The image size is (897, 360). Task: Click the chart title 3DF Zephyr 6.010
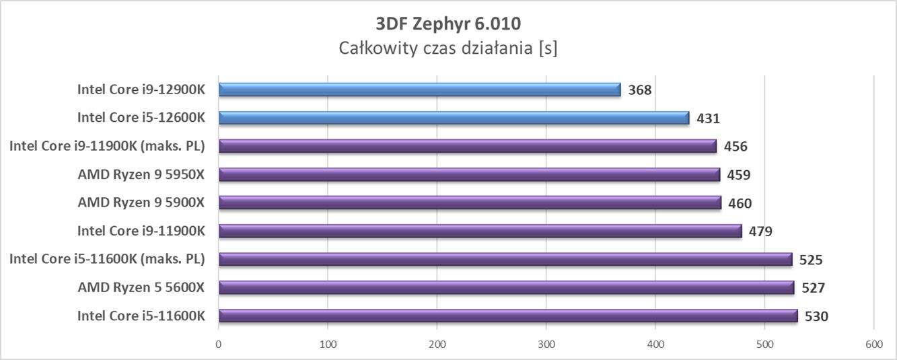[x=447, y=24]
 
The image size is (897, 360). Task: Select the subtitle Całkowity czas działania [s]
[x=447, y=48]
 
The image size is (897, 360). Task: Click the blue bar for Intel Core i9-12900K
[x=419, y=89]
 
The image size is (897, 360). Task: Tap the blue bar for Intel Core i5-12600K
[x=454, y=118]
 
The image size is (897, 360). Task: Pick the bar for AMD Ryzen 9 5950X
[x=469, y=175]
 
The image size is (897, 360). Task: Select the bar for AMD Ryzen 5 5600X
[x=506, y=288]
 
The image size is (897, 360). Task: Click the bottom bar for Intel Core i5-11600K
[x=508, y=316]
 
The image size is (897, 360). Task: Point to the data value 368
[x=640, y=90]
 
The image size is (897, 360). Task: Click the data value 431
[x=708, y=118]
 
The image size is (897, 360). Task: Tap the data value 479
[x=760, y=231]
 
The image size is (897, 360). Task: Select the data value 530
[x=816, y=317]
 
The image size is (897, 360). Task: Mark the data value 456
[x=735, y=147]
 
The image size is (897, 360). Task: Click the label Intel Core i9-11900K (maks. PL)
[x=107, y=146]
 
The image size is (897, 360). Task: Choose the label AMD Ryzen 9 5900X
[x=141, y=203]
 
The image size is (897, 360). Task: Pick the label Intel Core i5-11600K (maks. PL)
[x=107, y=259]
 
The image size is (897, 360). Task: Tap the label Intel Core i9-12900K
[x=141, y=89]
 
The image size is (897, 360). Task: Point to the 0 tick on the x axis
[x=219, y=345]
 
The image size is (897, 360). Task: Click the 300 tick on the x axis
[x=546, y=345]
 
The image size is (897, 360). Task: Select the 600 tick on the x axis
[x=873, y=345]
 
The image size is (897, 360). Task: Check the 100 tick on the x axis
[x=328, y=345]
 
